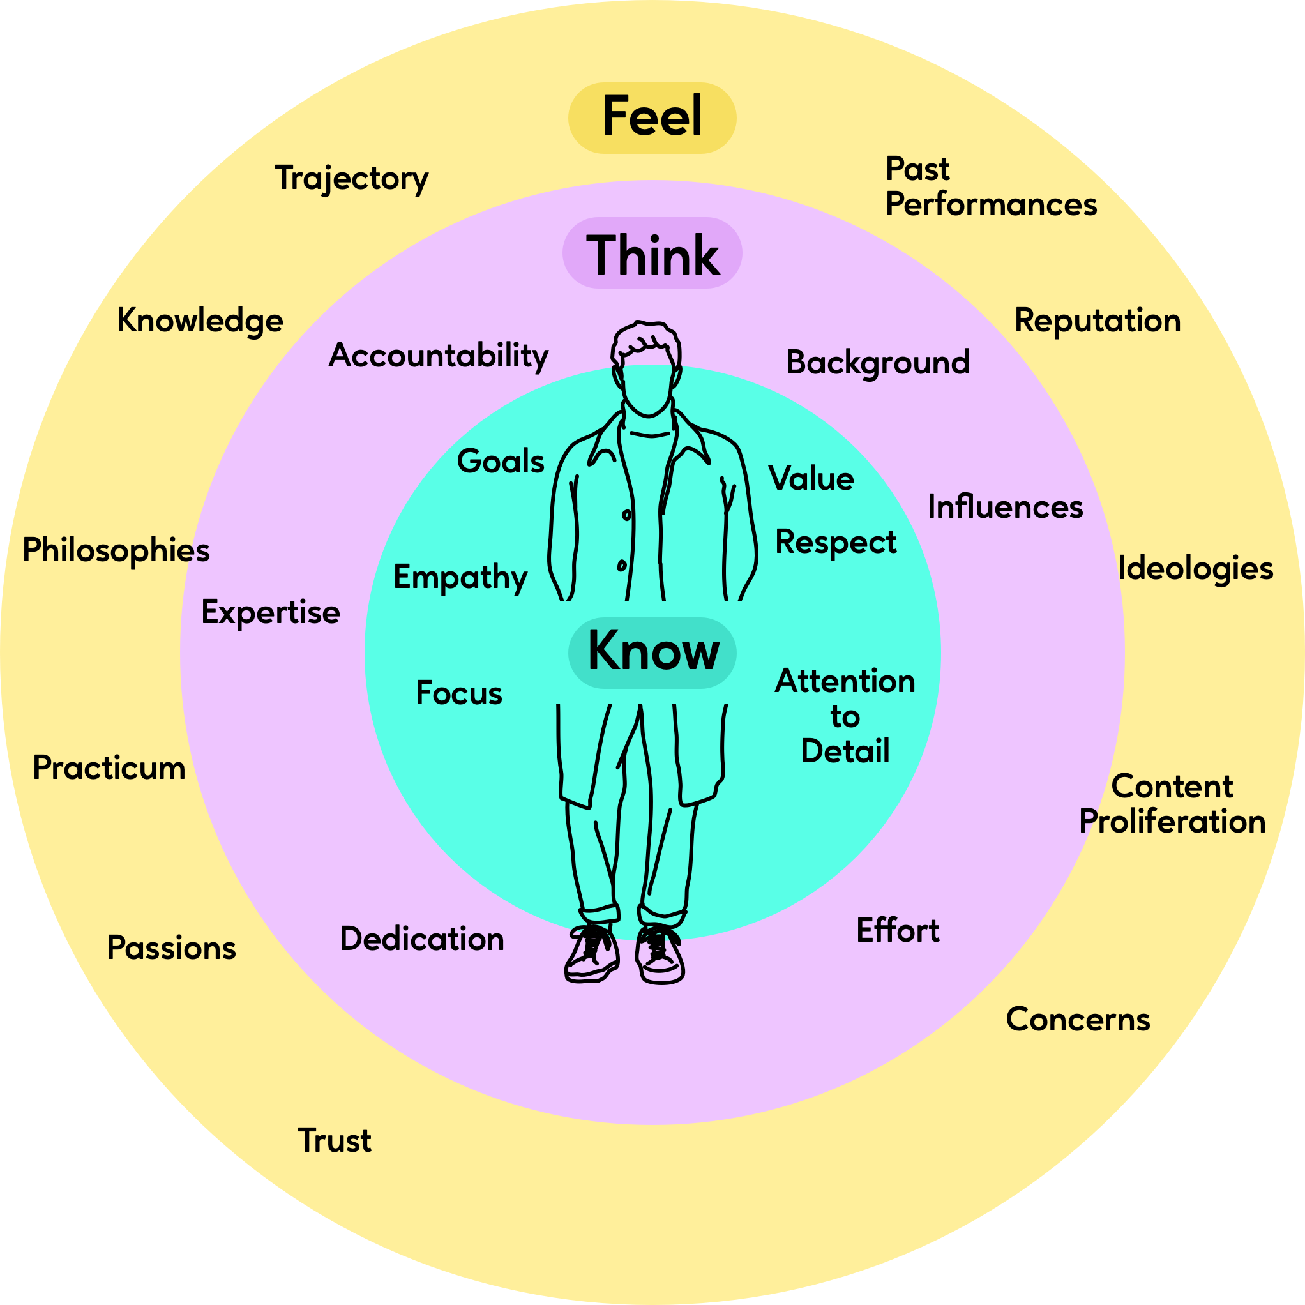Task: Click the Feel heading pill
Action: [x=652, y=117]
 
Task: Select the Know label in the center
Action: [x=652, y=651]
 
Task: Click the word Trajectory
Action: [x=351, y=179]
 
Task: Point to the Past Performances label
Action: [x=990, y=187]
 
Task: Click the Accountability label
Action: [x=439, y=356]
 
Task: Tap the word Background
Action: [x=877, y=363]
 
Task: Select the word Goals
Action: [x=501, y=462]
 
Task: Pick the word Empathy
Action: [x=460, y=578]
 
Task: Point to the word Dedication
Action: [x=422, y=940]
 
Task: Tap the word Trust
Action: [x=335, y=1141]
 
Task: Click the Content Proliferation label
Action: [x=1172, y=804]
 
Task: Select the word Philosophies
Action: [x=116, y=551]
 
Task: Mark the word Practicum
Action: [x=109, y=768]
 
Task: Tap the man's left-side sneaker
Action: [x=592, y=954]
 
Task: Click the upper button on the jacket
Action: [x=627, y=515]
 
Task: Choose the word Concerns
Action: [x=1077, y=1020]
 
